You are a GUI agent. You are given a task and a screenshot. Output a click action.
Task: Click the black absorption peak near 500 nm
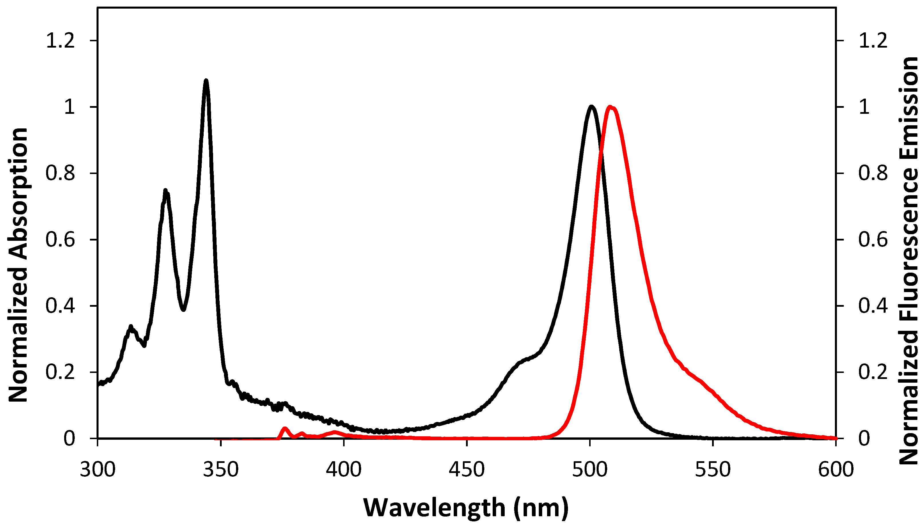[591, 107]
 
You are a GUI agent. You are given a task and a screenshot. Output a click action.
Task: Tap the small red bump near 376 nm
[285, 429]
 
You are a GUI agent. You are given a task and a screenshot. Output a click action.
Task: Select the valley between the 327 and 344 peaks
[184, 309]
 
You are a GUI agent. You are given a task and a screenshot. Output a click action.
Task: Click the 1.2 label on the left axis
[60, 40]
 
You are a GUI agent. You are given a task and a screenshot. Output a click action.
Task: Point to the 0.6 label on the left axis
[60, 240]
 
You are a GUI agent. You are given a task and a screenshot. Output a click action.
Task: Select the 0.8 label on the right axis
[873, 173]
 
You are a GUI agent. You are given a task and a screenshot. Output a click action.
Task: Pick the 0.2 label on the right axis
[873, 372]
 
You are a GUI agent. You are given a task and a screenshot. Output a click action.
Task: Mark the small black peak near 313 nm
[131, 327]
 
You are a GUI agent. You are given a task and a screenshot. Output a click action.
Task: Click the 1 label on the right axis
[864, 107]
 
